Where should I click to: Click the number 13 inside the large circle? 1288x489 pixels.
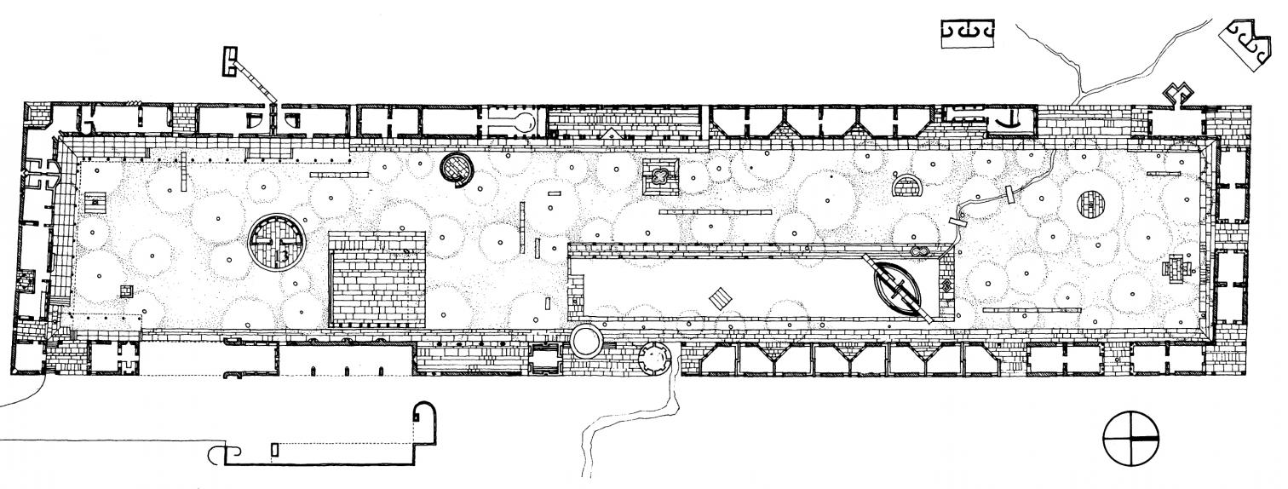[x=282, y=253]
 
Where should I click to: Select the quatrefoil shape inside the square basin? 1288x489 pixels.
[x=660, y=175]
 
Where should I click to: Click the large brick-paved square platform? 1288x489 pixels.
[x=378, y=279]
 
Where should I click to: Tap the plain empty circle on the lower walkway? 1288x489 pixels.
[x=586, y=342]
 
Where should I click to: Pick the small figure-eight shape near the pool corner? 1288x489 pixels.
[x=919, y=252]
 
